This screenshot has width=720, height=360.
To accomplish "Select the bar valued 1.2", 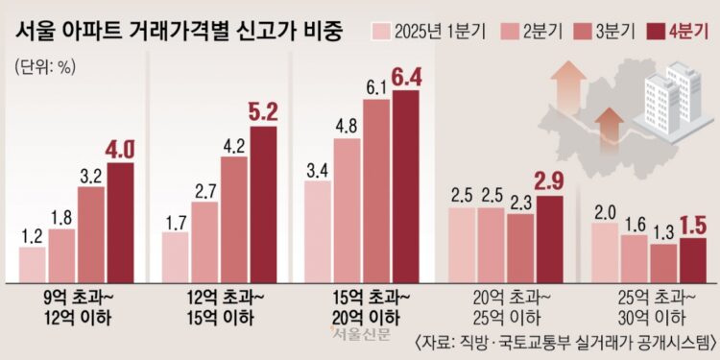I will pyautogui.click(x=33, y=263).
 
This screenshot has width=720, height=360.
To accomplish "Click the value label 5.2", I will pyautogui.click(x=263, y=111).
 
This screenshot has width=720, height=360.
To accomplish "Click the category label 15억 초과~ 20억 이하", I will pyautogui.click(x=363, y=306).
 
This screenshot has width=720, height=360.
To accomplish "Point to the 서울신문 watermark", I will pyautogui.click(x=358, y=334).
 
